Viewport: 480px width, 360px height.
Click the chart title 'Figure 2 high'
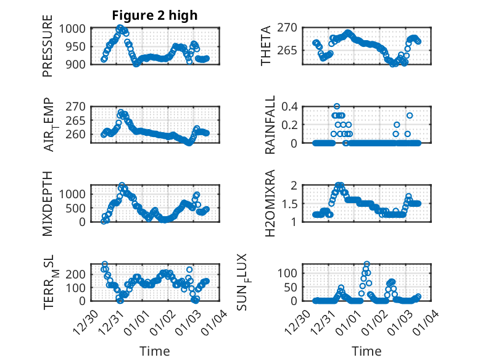(155, 15)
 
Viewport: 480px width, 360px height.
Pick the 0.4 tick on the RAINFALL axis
(291, 106)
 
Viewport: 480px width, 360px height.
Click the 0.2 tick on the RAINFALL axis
(291, 124)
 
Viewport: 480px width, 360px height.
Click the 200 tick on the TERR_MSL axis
(79, 273)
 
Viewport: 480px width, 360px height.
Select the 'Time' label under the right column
(366, 351)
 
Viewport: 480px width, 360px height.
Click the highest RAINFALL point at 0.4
(337, 106)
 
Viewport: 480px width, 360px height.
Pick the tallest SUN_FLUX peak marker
(367, 264)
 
